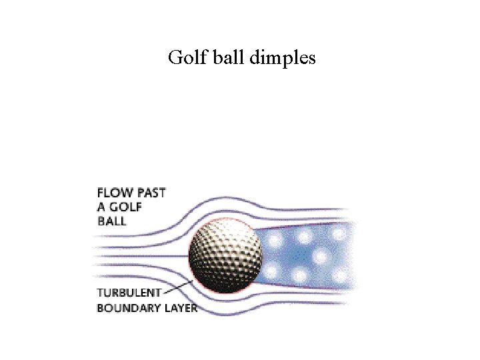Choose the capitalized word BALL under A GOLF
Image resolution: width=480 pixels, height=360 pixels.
pyautogui.click(x=111, y=221)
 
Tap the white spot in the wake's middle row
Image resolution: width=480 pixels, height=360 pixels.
pyautogui.click(x=321, y=256)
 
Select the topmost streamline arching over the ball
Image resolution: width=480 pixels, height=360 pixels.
pyautogui.click(x=220, y=198)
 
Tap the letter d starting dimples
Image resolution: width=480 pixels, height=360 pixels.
pyautogui.click(x=255, y=59)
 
